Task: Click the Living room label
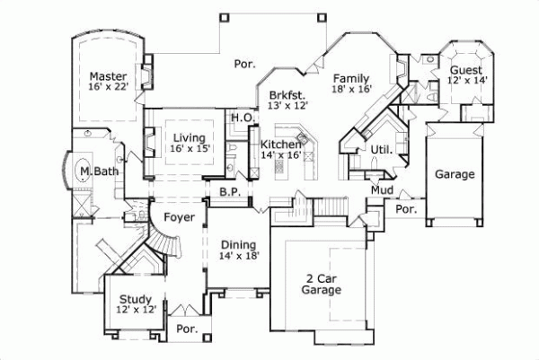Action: pyautogui.click(x=190, y=137)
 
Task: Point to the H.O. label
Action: pyautogui.click(x=241, y=118)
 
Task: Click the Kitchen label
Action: pyautogui.click(x=279, y=144)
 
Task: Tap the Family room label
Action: pyautogui.click(x=351, y=78)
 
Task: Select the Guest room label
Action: pyautogui.click(x=465, y=70)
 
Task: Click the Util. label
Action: pyautogui.click(x=379, y=148)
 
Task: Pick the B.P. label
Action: pyautogui.click(x=227, y=191)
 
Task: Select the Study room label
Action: pyautogui.click(x=135, y=299)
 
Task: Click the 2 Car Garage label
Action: pyautogui.click(x=321, y=284)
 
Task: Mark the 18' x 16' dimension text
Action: pyautogui.click(x=351, y=90)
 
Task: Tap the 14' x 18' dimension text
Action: pyautogui.click(x=238, y=256)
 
